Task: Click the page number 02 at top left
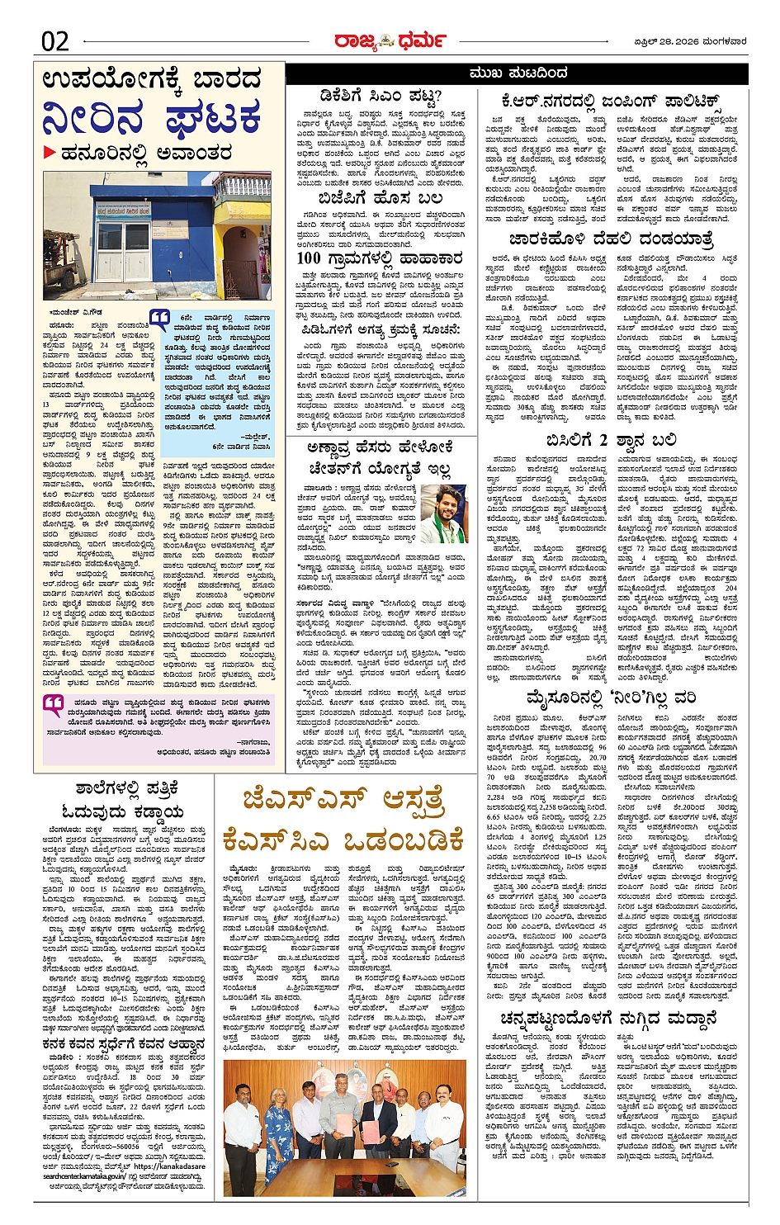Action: [x=55, y=40]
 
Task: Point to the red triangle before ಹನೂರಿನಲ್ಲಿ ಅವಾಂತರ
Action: [x=50, y=153]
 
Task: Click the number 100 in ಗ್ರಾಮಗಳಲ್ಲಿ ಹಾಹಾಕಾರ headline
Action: [x=310, y=258]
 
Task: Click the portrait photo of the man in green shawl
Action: [x=444, y=514]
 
